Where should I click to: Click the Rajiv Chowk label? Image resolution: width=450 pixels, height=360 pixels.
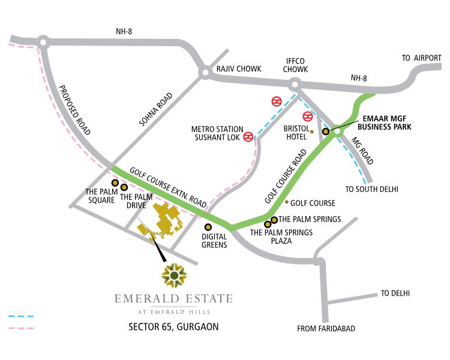[239, 69]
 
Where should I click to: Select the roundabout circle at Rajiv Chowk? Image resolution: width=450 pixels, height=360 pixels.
[204, 73]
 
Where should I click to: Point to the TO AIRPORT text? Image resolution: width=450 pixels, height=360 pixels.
[421, 58]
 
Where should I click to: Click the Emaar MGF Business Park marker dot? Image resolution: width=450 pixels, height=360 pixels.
[326, 131]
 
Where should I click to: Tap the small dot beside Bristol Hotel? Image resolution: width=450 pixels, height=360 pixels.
[312, 132]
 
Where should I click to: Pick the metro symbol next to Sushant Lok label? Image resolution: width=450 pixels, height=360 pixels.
[248, 137]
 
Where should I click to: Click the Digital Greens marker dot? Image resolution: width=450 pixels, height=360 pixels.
[208, 227]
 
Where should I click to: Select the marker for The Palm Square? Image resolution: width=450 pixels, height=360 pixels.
[114, 182]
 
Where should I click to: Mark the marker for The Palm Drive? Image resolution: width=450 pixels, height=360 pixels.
[124, 187]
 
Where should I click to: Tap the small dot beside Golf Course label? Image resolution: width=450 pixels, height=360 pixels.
[286, 202]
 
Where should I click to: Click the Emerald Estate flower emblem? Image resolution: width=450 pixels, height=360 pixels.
[174, 275]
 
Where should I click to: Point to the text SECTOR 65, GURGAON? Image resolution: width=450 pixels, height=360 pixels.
[173, 327]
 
